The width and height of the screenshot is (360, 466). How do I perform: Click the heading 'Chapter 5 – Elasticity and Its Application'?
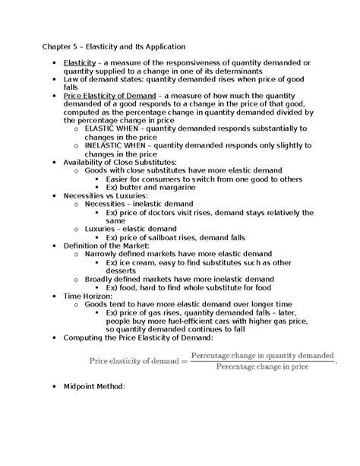[119, 47]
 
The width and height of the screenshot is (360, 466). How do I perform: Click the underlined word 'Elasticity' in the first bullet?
[80, 62]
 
